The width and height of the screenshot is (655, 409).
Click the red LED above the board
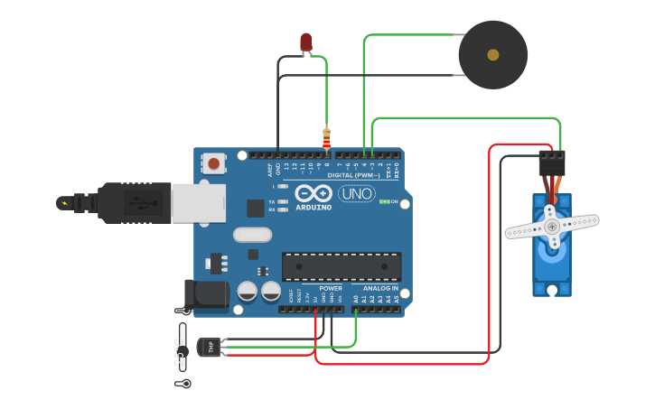pos(305,42)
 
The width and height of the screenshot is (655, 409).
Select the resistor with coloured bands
pos(326,139)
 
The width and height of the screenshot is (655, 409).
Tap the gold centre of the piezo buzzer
pos(492,55)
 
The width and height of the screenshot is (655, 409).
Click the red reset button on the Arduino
pos(213,163)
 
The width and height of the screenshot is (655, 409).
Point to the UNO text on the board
pos(357,193)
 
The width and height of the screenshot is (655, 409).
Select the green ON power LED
pos(383,201)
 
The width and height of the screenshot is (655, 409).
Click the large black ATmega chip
pos(341,266)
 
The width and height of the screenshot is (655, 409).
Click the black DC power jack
pos(207,294)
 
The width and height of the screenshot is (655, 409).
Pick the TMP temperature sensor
pos(209,347)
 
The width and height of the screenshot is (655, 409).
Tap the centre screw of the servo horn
pos(552,227)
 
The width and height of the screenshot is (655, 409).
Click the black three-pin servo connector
pos(552,163)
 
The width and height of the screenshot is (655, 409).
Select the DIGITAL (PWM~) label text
pos(353,175)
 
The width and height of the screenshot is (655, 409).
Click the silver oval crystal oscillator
pos(252,235)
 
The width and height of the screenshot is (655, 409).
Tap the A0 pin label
pos(355,298)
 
